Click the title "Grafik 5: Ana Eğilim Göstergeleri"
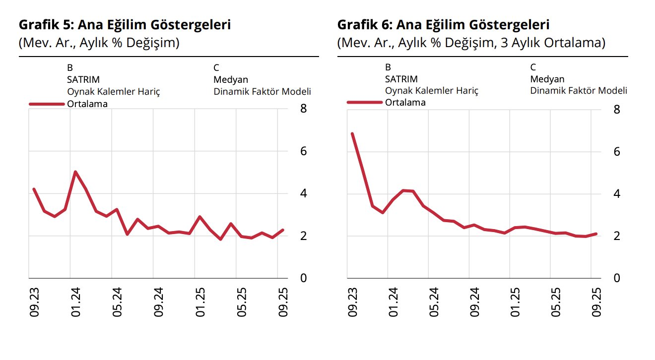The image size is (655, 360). [x=125, y=25]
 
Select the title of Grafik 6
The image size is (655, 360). [x=443, y=25]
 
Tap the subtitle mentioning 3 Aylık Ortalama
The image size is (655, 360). [x=471, y=43]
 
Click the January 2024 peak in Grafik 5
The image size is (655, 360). [x=75, y=172]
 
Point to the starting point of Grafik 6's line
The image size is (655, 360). [x=352, y=133]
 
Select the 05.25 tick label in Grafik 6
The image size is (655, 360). [x=556, y=302]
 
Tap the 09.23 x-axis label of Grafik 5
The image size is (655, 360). [x=34, y=302]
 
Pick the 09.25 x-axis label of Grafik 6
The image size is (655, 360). [x=597, y=302]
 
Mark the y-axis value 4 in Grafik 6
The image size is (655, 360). [x=617, y=193]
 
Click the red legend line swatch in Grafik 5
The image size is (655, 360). [x=47, y=104]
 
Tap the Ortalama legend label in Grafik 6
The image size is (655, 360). [x=405, y=103]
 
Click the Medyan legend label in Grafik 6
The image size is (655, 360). [x=547, y=79]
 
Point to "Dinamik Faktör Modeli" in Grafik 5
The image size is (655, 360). [x=262, y=92]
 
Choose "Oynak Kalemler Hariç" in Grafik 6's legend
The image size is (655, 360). [x=431, y=91]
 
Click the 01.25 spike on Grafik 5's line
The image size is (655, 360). [x=199, y=217]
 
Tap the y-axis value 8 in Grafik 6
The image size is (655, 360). [x=617, y=109]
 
